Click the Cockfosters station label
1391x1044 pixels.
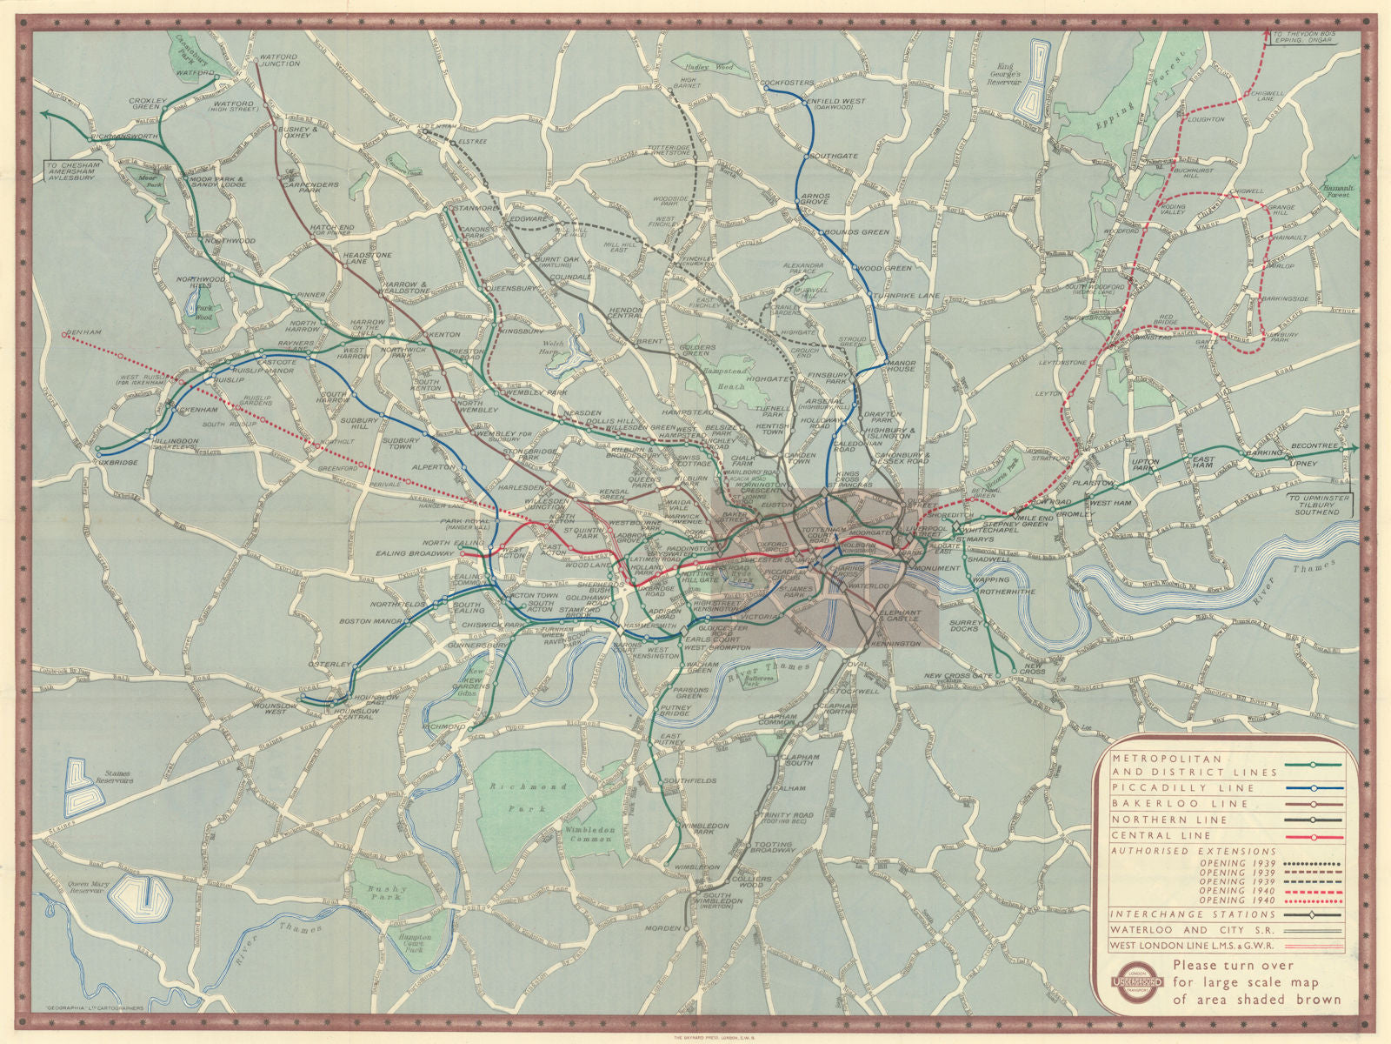(789, 84)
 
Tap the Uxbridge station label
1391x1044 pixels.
(116, 462)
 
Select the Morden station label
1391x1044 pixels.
(662, 928)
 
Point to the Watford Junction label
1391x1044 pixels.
(279, 60)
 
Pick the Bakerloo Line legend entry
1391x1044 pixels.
(1167, 803)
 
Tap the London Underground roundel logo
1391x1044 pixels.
(1135, 981)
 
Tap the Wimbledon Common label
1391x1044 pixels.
(590, 834)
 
